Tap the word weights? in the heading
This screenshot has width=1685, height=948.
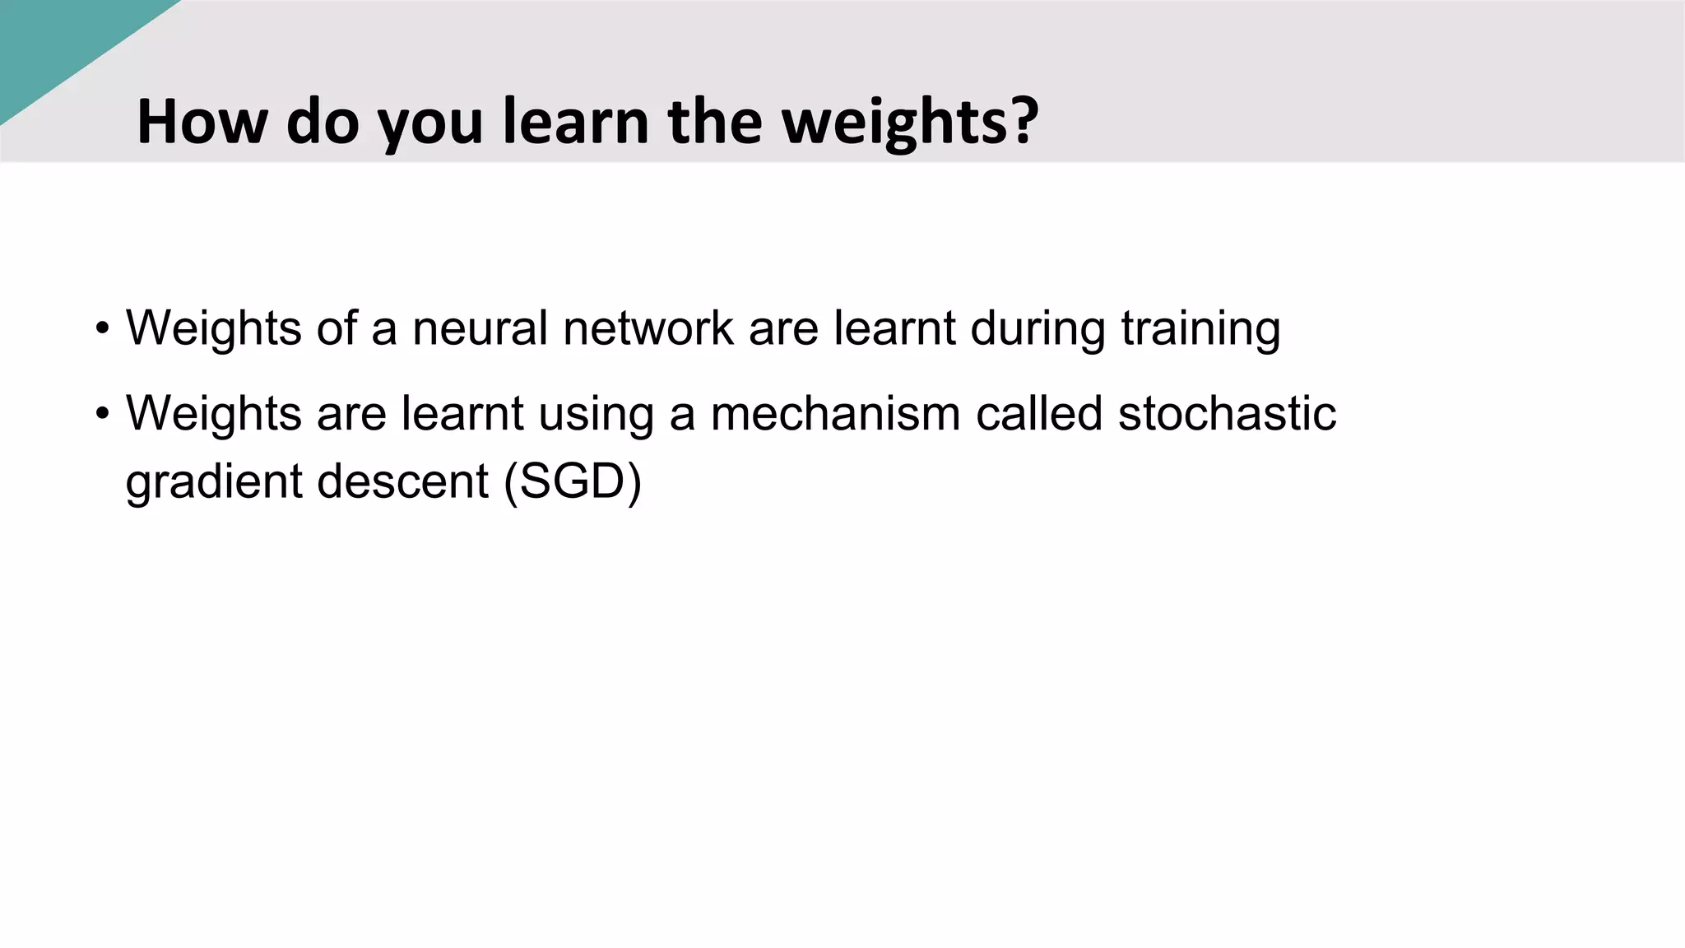[909, 121]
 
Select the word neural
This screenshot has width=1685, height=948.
[480, 328]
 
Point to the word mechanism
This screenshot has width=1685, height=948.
[835, 413]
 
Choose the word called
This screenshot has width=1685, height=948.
[1038, 413]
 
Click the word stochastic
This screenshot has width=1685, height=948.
[1227, 413]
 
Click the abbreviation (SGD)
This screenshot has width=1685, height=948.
[573, 482]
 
